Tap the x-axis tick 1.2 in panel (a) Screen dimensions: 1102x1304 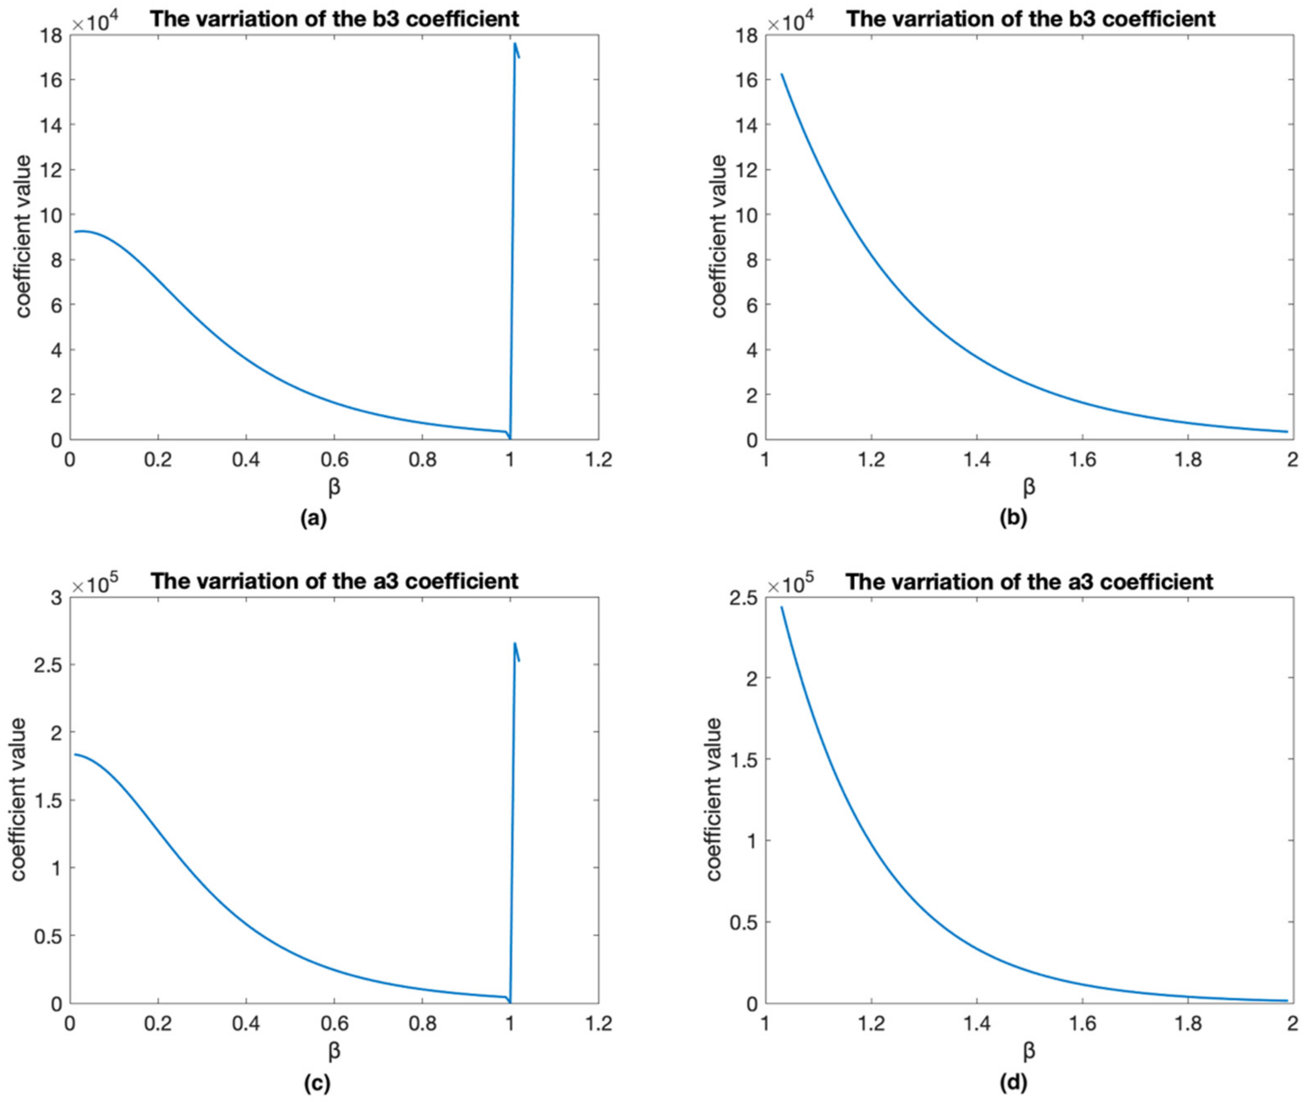(x=598, y=460)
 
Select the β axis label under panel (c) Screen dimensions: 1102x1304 (x=334, y=1051)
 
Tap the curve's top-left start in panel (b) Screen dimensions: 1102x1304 (x=781, y=74)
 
